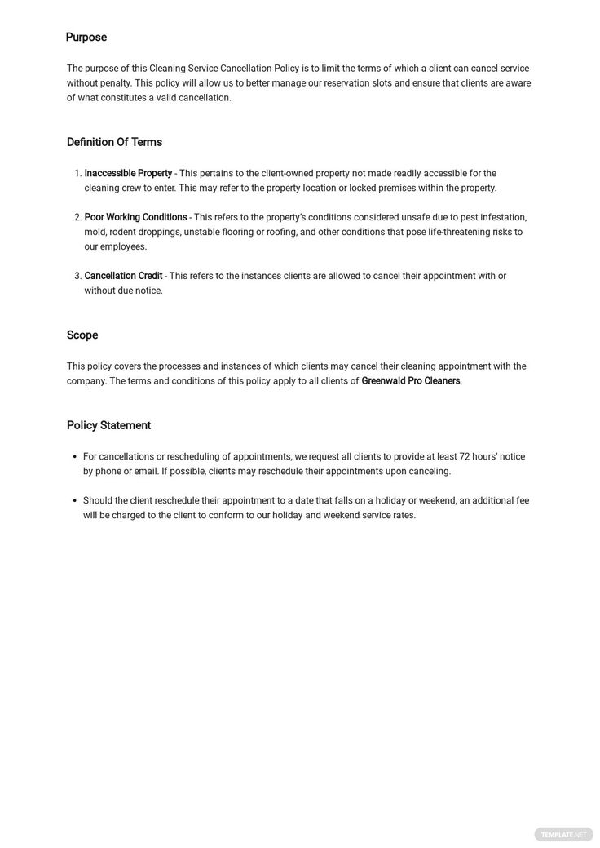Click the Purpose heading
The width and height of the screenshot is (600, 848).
(x=86, y=38)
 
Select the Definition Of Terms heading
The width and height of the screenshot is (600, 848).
(x=114, y=142)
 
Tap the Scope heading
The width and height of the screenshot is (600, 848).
(x=82, y=335)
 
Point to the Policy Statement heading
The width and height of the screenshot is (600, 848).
(x=108, y=425)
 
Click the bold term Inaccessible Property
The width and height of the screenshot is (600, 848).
(x=128, y=173)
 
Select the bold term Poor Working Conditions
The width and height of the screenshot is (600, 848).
(x=135, y=217)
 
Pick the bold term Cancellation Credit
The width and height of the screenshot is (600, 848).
(x=123, y=276)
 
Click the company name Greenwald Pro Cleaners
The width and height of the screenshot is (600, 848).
(x=411, y=381)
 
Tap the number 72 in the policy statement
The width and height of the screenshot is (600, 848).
(x=465, y=456)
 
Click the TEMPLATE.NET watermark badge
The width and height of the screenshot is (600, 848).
(x=563, y=834)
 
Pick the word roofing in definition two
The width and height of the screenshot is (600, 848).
(x=281, y=232)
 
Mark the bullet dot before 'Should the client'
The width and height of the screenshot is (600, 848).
(x=74, y=500)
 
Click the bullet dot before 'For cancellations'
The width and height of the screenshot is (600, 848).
(x=74, y=456)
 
